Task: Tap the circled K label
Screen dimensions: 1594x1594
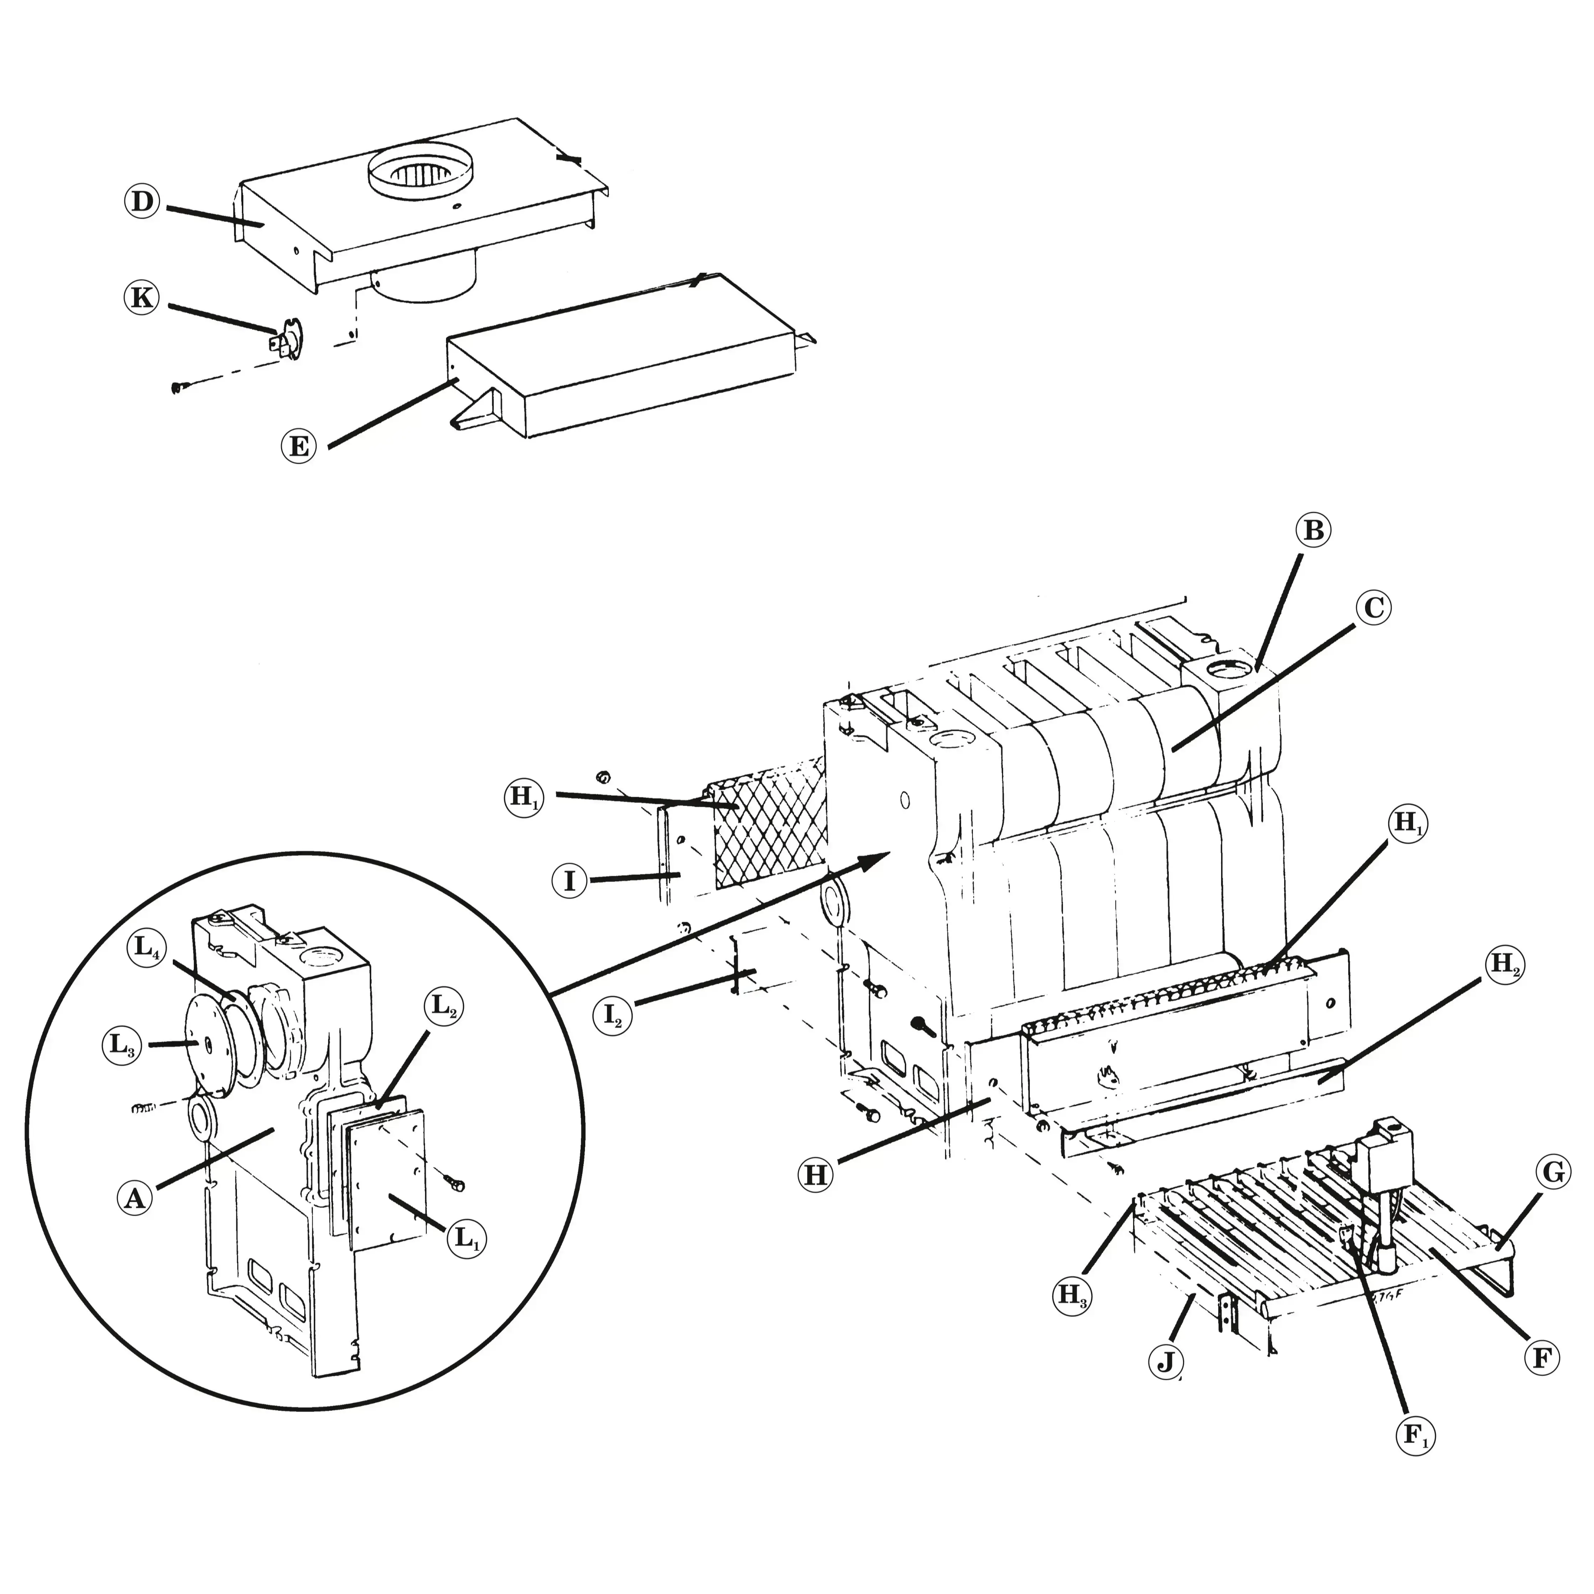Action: pos(142,298)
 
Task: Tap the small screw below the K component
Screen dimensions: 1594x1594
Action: pos(177,387)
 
